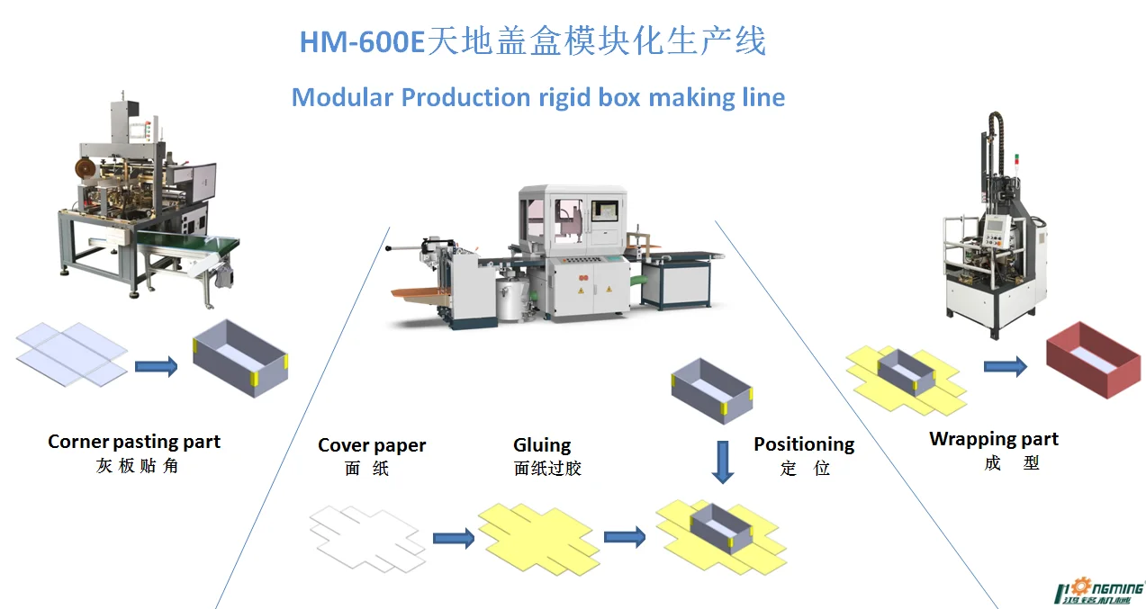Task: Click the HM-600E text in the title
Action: (361, 42)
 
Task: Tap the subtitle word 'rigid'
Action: (564, 96)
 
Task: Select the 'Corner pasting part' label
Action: (134, 442)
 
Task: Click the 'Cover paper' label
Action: (372, 445)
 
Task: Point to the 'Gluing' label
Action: (542, 445)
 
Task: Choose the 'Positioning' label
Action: (804, 444)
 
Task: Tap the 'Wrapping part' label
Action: (994, 439)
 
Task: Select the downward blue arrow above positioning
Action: (722, 461)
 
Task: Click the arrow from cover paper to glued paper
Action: (453, 538)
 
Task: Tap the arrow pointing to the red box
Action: (1005, 366)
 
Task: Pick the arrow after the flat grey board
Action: (156, 366)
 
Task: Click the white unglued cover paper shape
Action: (366, 538)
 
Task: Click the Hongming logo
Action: (1098, 588)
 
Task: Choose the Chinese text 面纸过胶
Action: (547, 469)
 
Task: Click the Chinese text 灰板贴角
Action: (137, 466)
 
